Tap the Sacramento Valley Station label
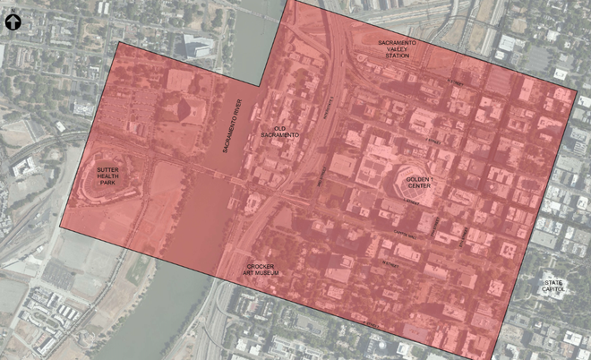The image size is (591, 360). tap(398, 49)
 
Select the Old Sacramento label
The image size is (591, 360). tap(286, 132)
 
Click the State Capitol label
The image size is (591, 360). tap(552, 288)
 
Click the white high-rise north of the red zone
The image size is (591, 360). tap(197, 45)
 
